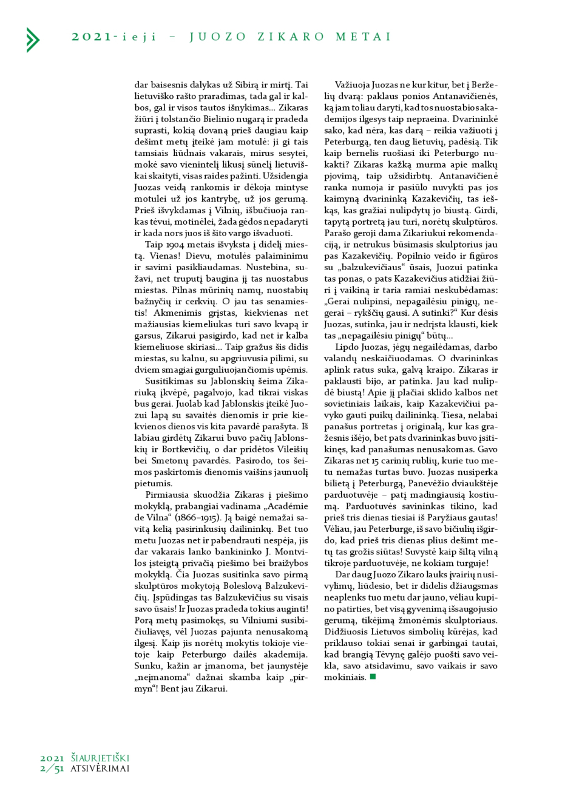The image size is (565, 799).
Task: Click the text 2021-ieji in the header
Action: (x=113, y=37)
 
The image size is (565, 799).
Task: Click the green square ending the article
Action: (x=373, y=676)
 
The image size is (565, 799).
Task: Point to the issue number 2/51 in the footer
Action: (x=52, y=769)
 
